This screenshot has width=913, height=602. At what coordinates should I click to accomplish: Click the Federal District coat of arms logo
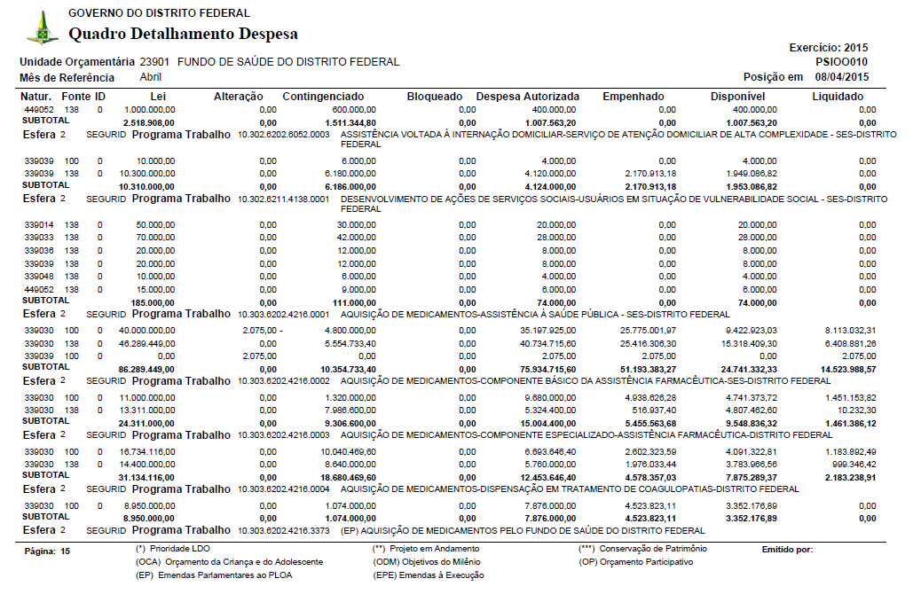point(43,28)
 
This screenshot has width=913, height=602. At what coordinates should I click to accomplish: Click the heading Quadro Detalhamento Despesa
point(183,35)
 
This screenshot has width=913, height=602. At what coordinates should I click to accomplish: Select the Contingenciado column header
point(323,96)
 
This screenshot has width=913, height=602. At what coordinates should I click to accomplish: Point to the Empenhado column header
point(633,96)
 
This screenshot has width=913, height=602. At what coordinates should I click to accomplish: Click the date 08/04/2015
point(842,77)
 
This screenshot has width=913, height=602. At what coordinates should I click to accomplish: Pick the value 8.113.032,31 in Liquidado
point(850,330)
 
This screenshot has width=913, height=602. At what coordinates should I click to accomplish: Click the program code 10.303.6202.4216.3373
point(283,531)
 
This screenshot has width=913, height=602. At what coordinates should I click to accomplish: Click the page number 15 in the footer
point(65,551)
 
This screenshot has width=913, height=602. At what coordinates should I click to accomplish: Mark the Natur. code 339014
point(39,225)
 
